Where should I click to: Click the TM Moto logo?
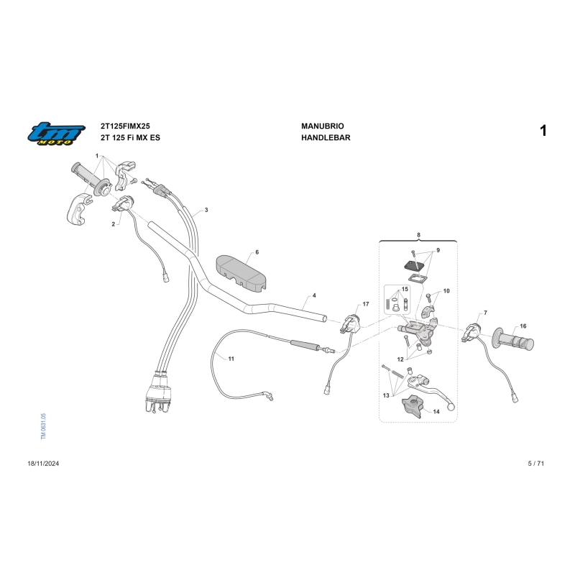coord(56,133)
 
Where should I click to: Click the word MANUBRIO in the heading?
coord(322,126)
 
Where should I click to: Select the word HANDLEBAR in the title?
coord(326,137)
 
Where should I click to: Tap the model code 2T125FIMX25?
coord(125,126)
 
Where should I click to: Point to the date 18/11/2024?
coord(43,464)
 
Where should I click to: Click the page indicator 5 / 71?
coord(535,464)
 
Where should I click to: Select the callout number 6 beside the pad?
coord(257,252)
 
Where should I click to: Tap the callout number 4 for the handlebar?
coord(314,295)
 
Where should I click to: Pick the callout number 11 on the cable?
coord(231,359)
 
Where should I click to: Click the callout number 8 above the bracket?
coord(418,235)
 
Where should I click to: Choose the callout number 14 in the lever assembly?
coord(436,411)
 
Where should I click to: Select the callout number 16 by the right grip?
coord(523,326)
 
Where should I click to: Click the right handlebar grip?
coord(513,339)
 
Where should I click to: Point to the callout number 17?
coord(366,304)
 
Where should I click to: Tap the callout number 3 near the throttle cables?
coord(206,210)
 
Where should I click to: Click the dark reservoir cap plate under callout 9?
coord(415,265)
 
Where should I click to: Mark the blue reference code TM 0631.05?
coord(43,426)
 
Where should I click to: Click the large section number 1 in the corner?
coord(543,131)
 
